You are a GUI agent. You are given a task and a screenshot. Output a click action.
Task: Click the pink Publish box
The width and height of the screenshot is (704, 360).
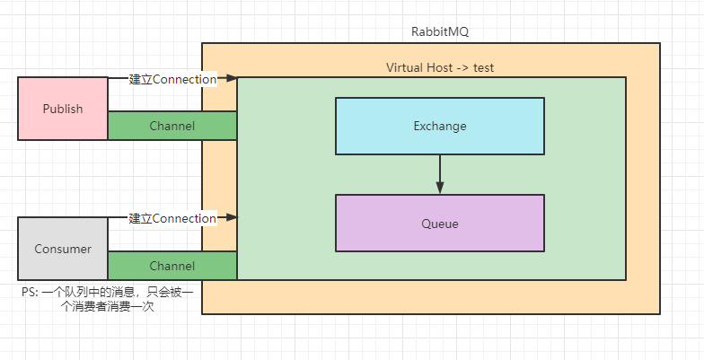63,109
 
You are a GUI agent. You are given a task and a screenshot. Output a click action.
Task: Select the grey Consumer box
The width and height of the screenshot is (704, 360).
63,249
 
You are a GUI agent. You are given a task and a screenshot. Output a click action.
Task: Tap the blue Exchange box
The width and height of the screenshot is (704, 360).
440,126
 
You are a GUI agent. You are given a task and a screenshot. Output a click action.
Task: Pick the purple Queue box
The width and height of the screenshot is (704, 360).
440,223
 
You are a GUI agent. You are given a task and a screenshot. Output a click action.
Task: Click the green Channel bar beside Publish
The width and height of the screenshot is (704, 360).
172,126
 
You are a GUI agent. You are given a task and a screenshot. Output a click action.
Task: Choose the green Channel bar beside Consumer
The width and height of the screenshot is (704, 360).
172,266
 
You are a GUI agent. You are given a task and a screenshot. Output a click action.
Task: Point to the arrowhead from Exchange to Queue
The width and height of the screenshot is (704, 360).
440,188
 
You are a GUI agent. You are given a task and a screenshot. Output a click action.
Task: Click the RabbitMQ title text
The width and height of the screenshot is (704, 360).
440,32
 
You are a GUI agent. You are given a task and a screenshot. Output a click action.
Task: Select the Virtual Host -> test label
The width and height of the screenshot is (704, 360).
440,68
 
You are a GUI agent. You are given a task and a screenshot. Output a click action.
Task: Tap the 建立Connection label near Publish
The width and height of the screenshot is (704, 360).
172,79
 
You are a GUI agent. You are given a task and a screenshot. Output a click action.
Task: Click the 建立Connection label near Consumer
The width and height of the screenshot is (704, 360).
172,218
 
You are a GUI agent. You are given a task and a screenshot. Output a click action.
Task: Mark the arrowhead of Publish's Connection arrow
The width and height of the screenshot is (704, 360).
232,78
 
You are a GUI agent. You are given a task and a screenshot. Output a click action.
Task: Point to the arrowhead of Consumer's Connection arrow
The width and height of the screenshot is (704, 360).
232,217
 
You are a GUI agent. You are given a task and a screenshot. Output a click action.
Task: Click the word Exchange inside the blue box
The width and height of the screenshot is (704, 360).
440,126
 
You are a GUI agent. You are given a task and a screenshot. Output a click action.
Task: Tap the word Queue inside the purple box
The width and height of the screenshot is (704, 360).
440,224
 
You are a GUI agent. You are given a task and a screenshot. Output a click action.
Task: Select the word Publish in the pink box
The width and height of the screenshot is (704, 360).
63,109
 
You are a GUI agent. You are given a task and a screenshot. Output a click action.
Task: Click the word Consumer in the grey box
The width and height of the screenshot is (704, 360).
63,249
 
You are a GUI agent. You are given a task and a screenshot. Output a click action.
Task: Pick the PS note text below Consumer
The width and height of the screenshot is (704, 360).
108,300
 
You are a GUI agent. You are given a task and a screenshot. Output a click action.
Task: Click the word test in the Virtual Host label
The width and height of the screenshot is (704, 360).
483,68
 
